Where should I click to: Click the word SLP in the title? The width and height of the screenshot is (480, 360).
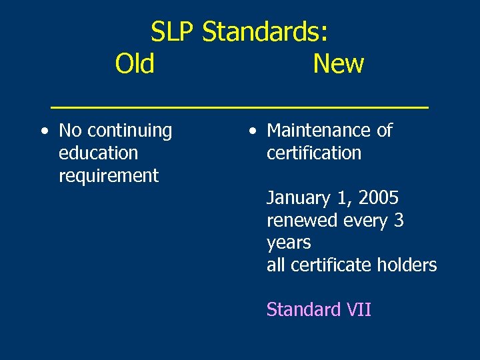(173, 31)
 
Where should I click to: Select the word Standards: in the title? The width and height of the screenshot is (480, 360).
(265, 31)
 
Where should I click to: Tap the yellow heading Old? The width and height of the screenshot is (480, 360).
(135, 64)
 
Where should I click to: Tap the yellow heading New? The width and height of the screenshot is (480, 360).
(338, 64)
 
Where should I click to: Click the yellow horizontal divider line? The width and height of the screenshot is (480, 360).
(240, 106)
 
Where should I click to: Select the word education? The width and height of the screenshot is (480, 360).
(98, 153)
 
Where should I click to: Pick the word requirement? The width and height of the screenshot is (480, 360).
(109, 176)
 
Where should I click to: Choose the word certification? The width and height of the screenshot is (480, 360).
(313, 153)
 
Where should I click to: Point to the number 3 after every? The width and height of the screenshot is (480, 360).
(397, 221)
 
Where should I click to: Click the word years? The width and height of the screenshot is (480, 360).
(289, 243)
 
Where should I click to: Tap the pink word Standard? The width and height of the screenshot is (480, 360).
(303, 310)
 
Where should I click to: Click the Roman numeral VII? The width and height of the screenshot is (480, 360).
(359, 310)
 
